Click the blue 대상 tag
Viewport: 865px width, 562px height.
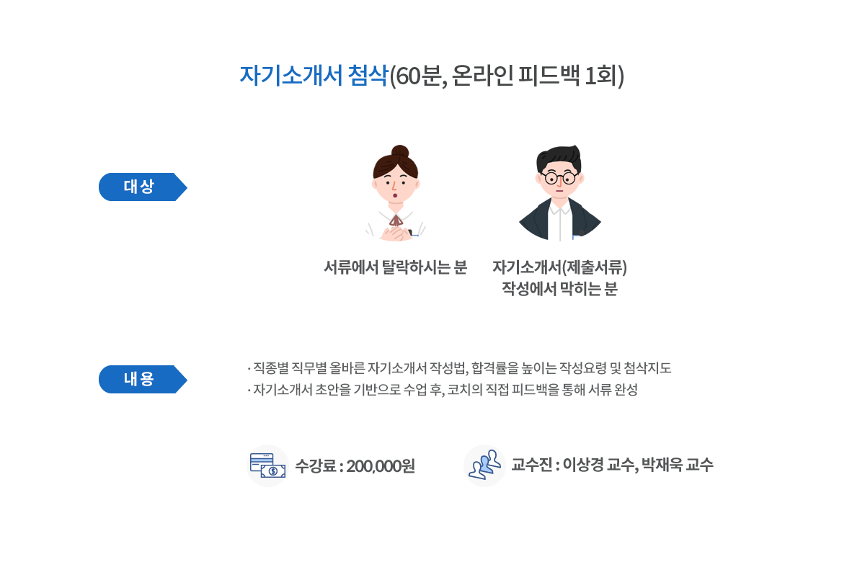139,187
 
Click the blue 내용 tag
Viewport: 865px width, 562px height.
139,379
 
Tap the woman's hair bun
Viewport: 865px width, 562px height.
399,152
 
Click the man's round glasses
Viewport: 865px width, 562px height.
560,178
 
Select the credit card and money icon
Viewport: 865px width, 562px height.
267,465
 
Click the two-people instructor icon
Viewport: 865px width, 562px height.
484,465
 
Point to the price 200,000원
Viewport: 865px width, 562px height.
381,465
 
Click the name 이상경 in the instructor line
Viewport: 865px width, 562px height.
582,465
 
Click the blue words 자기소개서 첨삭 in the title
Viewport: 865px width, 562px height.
314,76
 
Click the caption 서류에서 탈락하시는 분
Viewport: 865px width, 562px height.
395,267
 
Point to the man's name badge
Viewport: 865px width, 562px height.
581,237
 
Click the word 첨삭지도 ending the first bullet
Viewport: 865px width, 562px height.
647,368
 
